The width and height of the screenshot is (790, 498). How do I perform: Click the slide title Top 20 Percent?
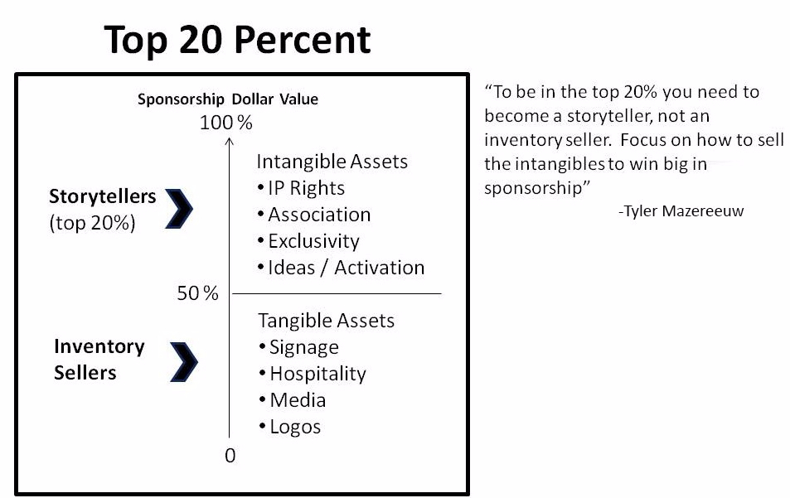tap(238, 40)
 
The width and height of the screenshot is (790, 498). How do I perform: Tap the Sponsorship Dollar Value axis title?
tap(228, 99)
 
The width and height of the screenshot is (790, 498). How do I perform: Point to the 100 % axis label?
tap(225, 123)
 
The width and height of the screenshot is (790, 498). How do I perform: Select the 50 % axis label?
tap(197, 293)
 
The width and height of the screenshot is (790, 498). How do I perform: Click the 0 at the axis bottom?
tap(230, 455)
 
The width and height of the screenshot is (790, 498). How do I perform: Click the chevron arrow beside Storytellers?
tap(179, 208)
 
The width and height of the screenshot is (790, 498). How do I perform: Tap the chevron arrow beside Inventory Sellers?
tap(184, 360)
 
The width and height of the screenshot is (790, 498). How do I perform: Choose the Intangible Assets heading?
tap(332, 161)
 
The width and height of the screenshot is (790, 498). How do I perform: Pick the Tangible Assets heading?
tap(326, 321)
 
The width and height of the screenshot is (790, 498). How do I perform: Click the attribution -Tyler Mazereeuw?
tap(681, 211)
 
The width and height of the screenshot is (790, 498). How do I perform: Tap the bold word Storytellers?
tap(102, 196)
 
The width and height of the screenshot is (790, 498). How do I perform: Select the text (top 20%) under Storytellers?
tap(92, 223)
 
